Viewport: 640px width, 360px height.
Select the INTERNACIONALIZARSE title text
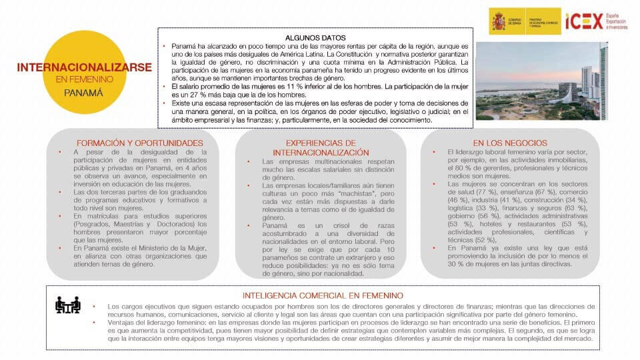click(x=84, y=67)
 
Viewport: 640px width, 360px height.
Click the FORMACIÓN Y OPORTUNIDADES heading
click(x=139, y=143)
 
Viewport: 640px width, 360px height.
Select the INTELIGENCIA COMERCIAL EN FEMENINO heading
click(x=323, y=295)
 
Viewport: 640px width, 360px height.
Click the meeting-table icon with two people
click(x=68, y=305)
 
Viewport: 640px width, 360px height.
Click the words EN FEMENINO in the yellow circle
click(x=84, y=79)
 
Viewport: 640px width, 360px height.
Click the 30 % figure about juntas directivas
click(x=440, y=263)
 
